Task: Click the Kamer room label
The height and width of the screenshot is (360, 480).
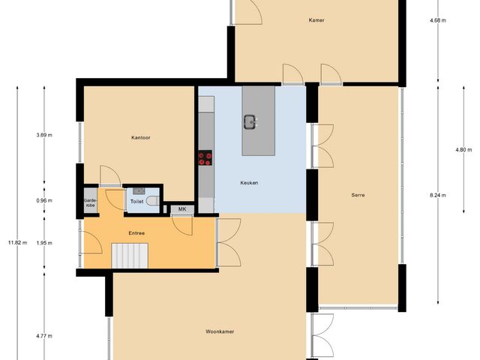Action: click(x=316, y=20)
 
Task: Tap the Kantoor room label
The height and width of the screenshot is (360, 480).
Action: click(x=140, y=137)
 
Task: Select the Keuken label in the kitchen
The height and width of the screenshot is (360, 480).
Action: click(x=250, y=183)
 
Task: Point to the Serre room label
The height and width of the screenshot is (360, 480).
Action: click(x=358, y=195)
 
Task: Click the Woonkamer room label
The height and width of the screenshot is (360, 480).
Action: click(x=217, y=331)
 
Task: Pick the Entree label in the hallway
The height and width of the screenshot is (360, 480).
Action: click(x=136, y=233)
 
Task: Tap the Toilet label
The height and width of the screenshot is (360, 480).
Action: click(x=137, y=202)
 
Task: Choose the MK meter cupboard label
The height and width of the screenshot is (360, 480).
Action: click(x=181, y=208)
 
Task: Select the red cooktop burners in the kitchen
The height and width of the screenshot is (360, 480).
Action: click(x=205, y=157)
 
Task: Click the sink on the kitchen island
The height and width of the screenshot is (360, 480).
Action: click(x=250, y=122)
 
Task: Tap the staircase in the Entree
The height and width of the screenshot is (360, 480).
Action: click(x=132, y=255)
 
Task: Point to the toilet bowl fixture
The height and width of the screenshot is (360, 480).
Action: click(x=152, y=201)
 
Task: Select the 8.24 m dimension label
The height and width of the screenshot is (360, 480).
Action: click(x=438, y=195)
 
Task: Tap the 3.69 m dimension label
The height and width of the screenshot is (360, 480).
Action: click(x=44, y=135)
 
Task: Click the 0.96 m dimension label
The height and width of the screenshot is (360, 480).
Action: click(x=44, y=200)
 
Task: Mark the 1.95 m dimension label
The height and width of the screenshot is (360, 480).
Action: click(x=44, y=242)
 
